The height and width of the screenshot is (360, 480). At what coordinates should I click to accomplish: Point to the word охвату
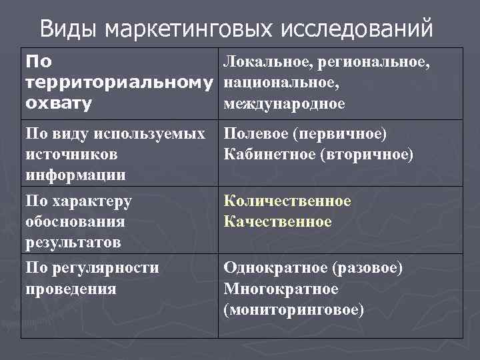point(59,104)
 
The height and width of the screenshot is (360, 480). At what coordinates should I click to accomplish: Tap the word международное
point(285,104)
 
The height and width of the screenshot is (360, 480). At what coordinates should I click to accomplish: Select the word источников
point(71,155)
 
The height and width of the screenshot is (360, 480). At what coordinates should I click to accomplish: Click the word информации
point(75,175)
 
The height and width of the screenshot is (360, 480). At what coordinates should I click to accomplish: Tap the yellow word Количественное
point(287,201)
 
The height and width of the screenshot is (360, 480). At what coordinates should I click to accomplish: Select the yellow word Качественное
point(277,221)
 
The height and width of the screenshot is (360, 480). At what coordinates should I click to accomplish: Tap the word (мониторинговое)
point(294,310)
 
